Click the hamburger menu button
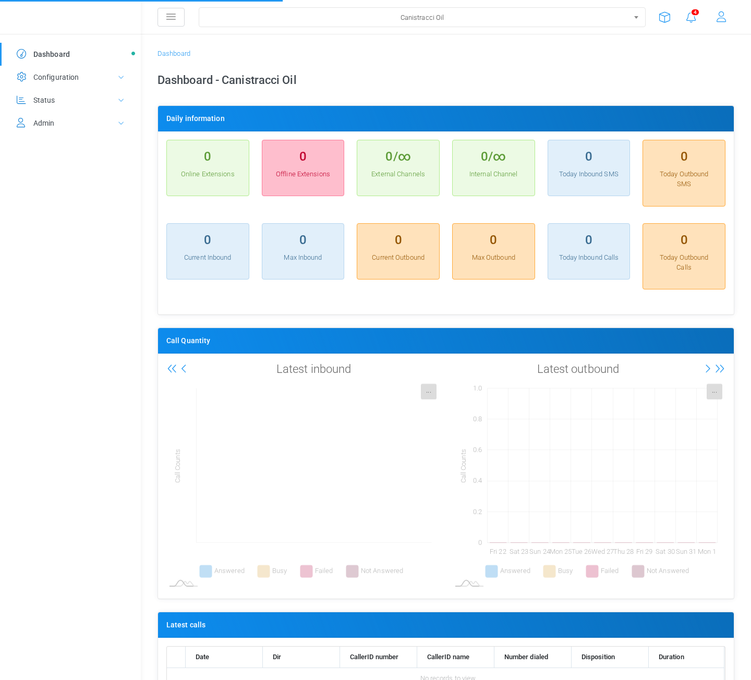pyautogui.click(x=171, y=17)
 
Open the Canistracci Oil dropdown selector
pyautogui.click(x=422, y=17)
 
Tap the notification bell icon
pyautogui.click(x=691, y=17)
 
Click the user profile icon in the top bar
pyautogui.click(x=721, y=17)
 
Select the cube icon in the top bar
pyautogui.click(x=664, y=17)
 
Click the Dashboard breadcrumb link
pyautogui.click(x=174, y=54)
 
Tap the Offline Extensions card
pyautogui.click(x=303, y=168)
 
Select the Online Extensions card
pyautogui.click(x=208, y=168)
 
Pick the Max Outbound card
pyautogui.click(x=493, y=251)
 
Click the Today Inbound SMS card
pyautogui.click(x=588, y=168)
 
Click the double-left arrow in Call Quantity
pyautogui.click(x=172, y=369)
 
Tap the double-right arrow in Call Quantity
pyautogui.click(x=720, y=369)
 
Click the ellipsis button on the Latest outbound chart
pyautogui.click(x=714, y=392)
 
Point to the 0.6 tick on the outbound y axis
pyautogui.click(x=477, y=450)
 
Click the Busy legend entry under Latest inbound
pyautogui.click(x=272, y=571)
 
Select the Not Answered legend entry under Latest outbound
pyautogui.click(x=660, y=571)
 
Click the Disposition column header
pyautogui.click(x=598, y=657)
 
